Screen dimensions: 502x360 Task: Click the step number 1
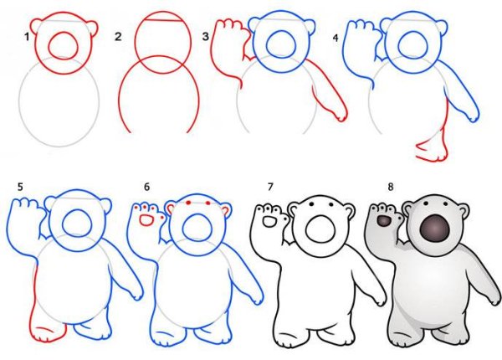[28, 37]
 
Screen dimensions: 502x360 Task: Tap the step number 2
[118, 37]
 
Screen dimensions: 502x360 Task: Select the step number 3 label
[205, 37]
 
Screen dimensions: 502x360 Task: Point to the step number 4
[336, 39]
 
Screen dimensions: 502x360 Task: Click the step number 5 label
[20, 187]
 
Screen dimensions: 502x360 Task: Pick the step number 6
[146, 187]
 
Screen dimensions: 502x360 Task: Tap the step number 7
[270, 187]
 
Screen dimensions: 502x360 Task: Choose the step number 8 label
[390, 187]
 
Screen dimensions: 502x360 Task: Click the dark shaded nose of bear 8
[434, 229]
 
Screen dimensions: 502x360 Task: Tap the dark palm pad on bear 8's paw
[384, 221]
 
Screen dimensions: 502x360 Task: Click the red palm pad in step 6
[147, 219]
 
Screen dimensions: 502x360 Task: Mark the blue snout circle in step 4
[413, 44]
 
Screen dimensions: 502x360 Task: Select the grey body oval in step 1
[19, 102]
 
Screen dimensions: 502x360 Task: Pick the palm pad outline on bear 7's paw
[269, 222]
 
